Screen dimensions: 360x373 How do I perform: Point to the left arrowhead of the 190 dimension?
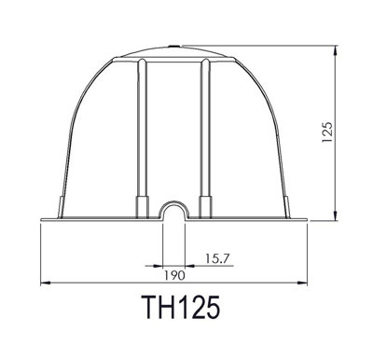tap(45, 284)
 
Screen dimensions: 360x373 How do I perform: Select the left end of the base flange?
tap(43, 220)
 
